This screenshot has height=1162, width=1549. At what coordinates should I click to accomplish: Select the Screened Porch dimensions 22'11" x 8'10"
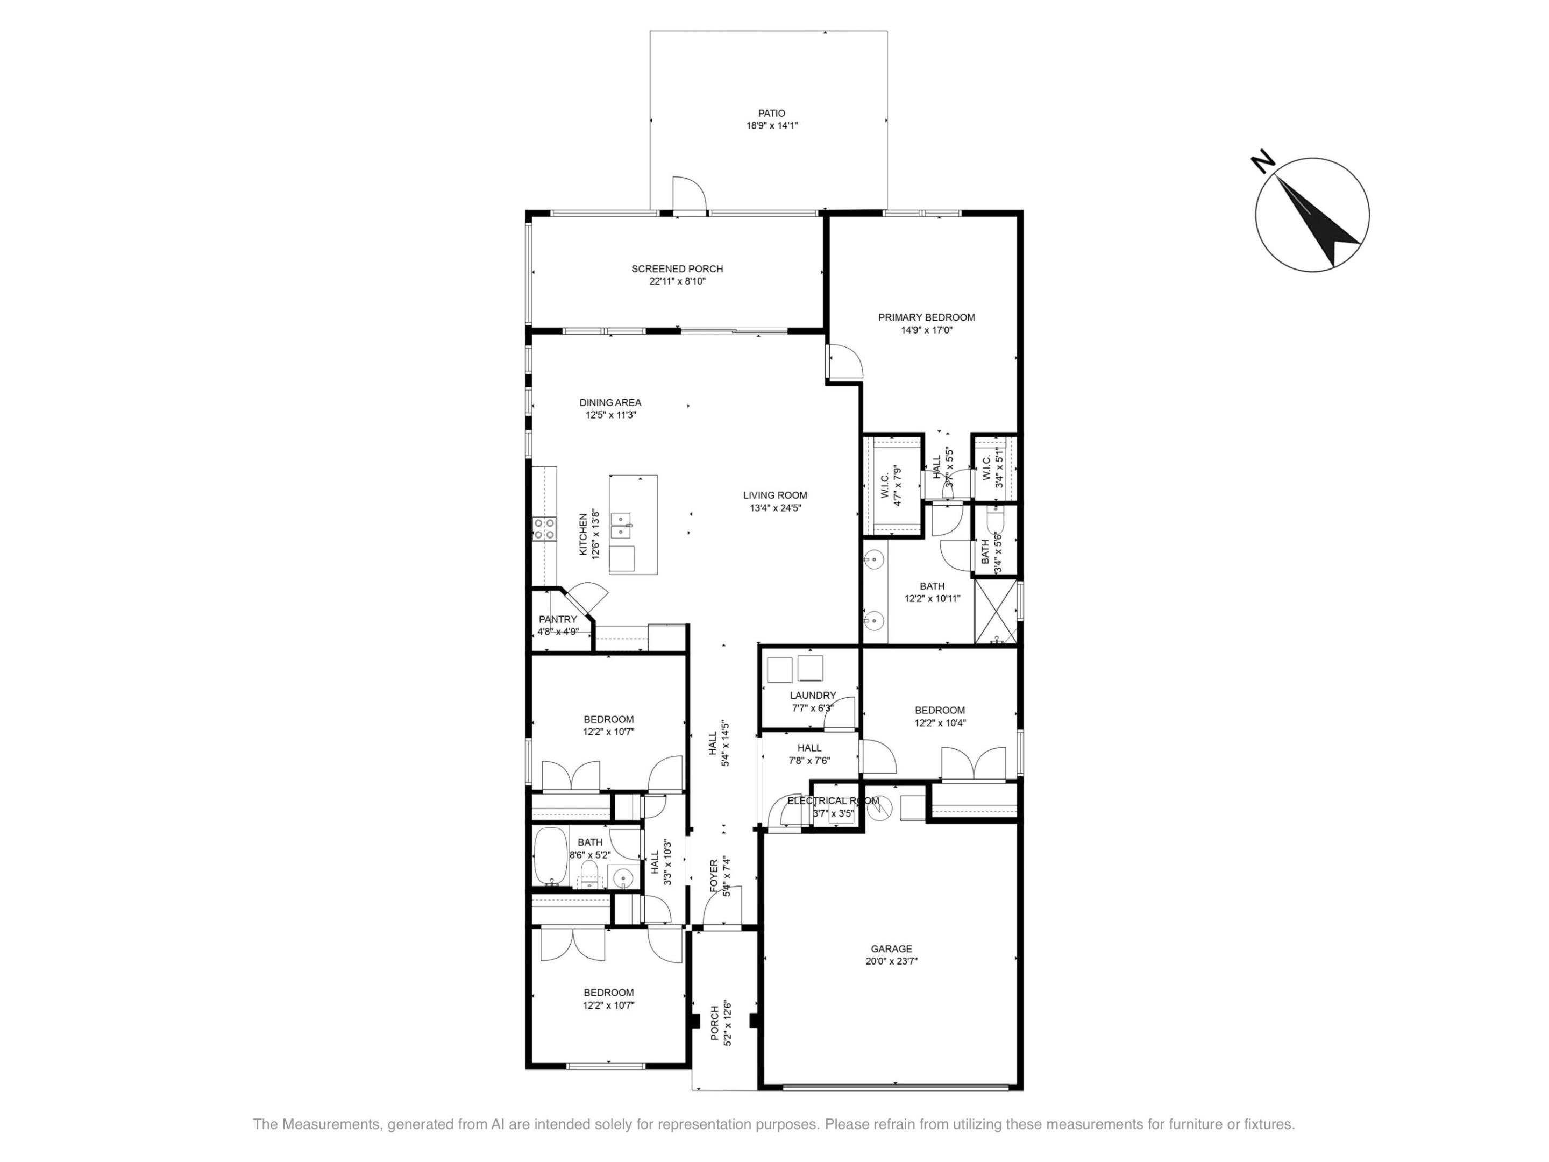click(x=677, y=281)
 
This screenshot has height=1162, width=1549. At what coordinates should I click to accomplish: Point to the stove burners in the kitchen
click(x=544, y=528)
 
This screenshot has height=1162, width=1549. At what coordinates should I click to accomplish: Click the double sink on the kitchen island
click(x=621, y=525)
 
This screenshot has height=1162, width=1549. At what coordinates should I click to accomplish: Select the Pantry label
click(x=557, y=619)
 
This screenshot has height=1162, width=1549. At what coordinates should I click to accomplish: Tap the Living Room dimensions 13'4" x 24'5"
click(x=774, y=508)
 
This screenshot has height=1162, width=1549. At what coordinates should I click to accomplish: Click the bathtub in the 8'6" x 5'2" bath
click(x=550, y=856)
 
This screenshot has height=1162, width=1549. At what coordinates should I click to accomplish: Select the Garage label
click(x=891, y=948)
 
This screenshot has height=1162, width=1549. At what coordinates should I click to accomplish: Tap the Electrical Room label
click(x=833, y=800)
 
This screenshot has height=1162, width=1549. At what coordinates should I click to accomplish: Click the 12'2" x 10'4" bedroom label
click(x=939, y=710)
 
